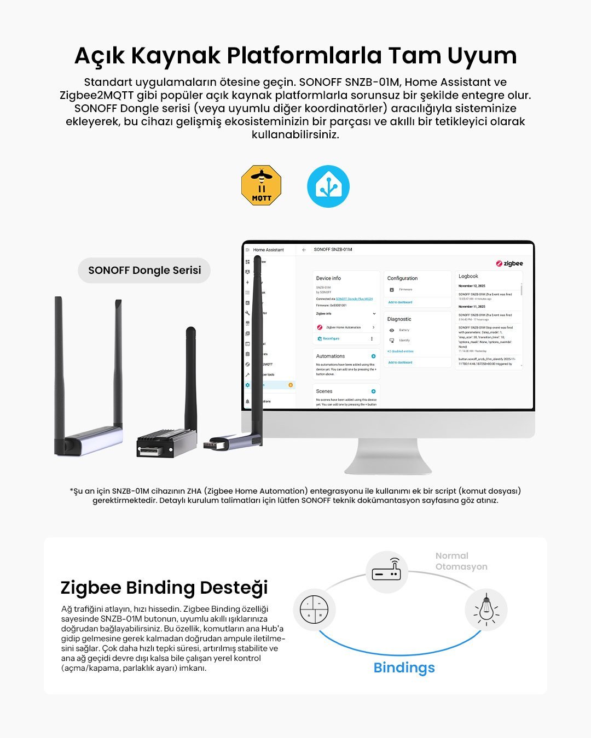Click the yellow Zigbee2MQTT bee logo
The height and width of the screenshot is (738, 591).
(x=261, y=186)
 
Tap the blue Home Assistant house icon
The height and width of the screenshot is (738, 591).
(x=328, y=186)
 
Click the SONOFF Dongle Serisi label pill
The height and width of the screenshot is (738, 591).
(x=144, y=270)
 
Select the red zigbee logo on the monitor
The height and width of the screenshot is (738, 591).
(x=509, y=263)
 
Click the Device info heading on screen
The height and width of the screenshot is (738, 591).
(x=328, y=278)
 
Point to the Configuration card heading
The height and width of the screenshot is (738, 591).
(x=402, y=278)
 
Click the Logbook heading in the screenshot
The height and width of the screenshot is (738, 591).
(x=468, y=276)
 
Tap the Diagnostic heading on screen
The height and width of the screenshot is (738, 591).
(x=399, y=319)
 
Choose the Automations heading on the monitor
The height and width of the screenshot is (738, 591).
(x=331, y=356)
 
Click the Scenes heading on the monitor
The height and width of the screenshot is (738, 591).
(x=324, y=391)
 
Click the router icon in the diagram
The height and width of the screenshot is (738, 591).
(x=386, y=571)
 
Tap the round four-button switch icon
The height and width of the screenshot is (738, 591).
(x=314, y=610)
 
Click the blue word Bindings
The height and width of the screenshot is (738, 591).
(x=404, y=667)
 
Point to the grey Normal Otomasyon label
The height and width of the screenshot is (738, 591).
(x=461, y=561)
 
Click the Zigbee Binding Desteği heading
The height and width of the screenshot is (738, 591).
(x=164, y=587)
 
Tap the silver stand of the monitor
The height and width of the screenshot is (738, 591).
(x=388, y=456)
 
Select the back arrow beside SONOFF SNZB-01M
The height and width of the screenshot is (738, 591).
(x=304, y=250)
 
